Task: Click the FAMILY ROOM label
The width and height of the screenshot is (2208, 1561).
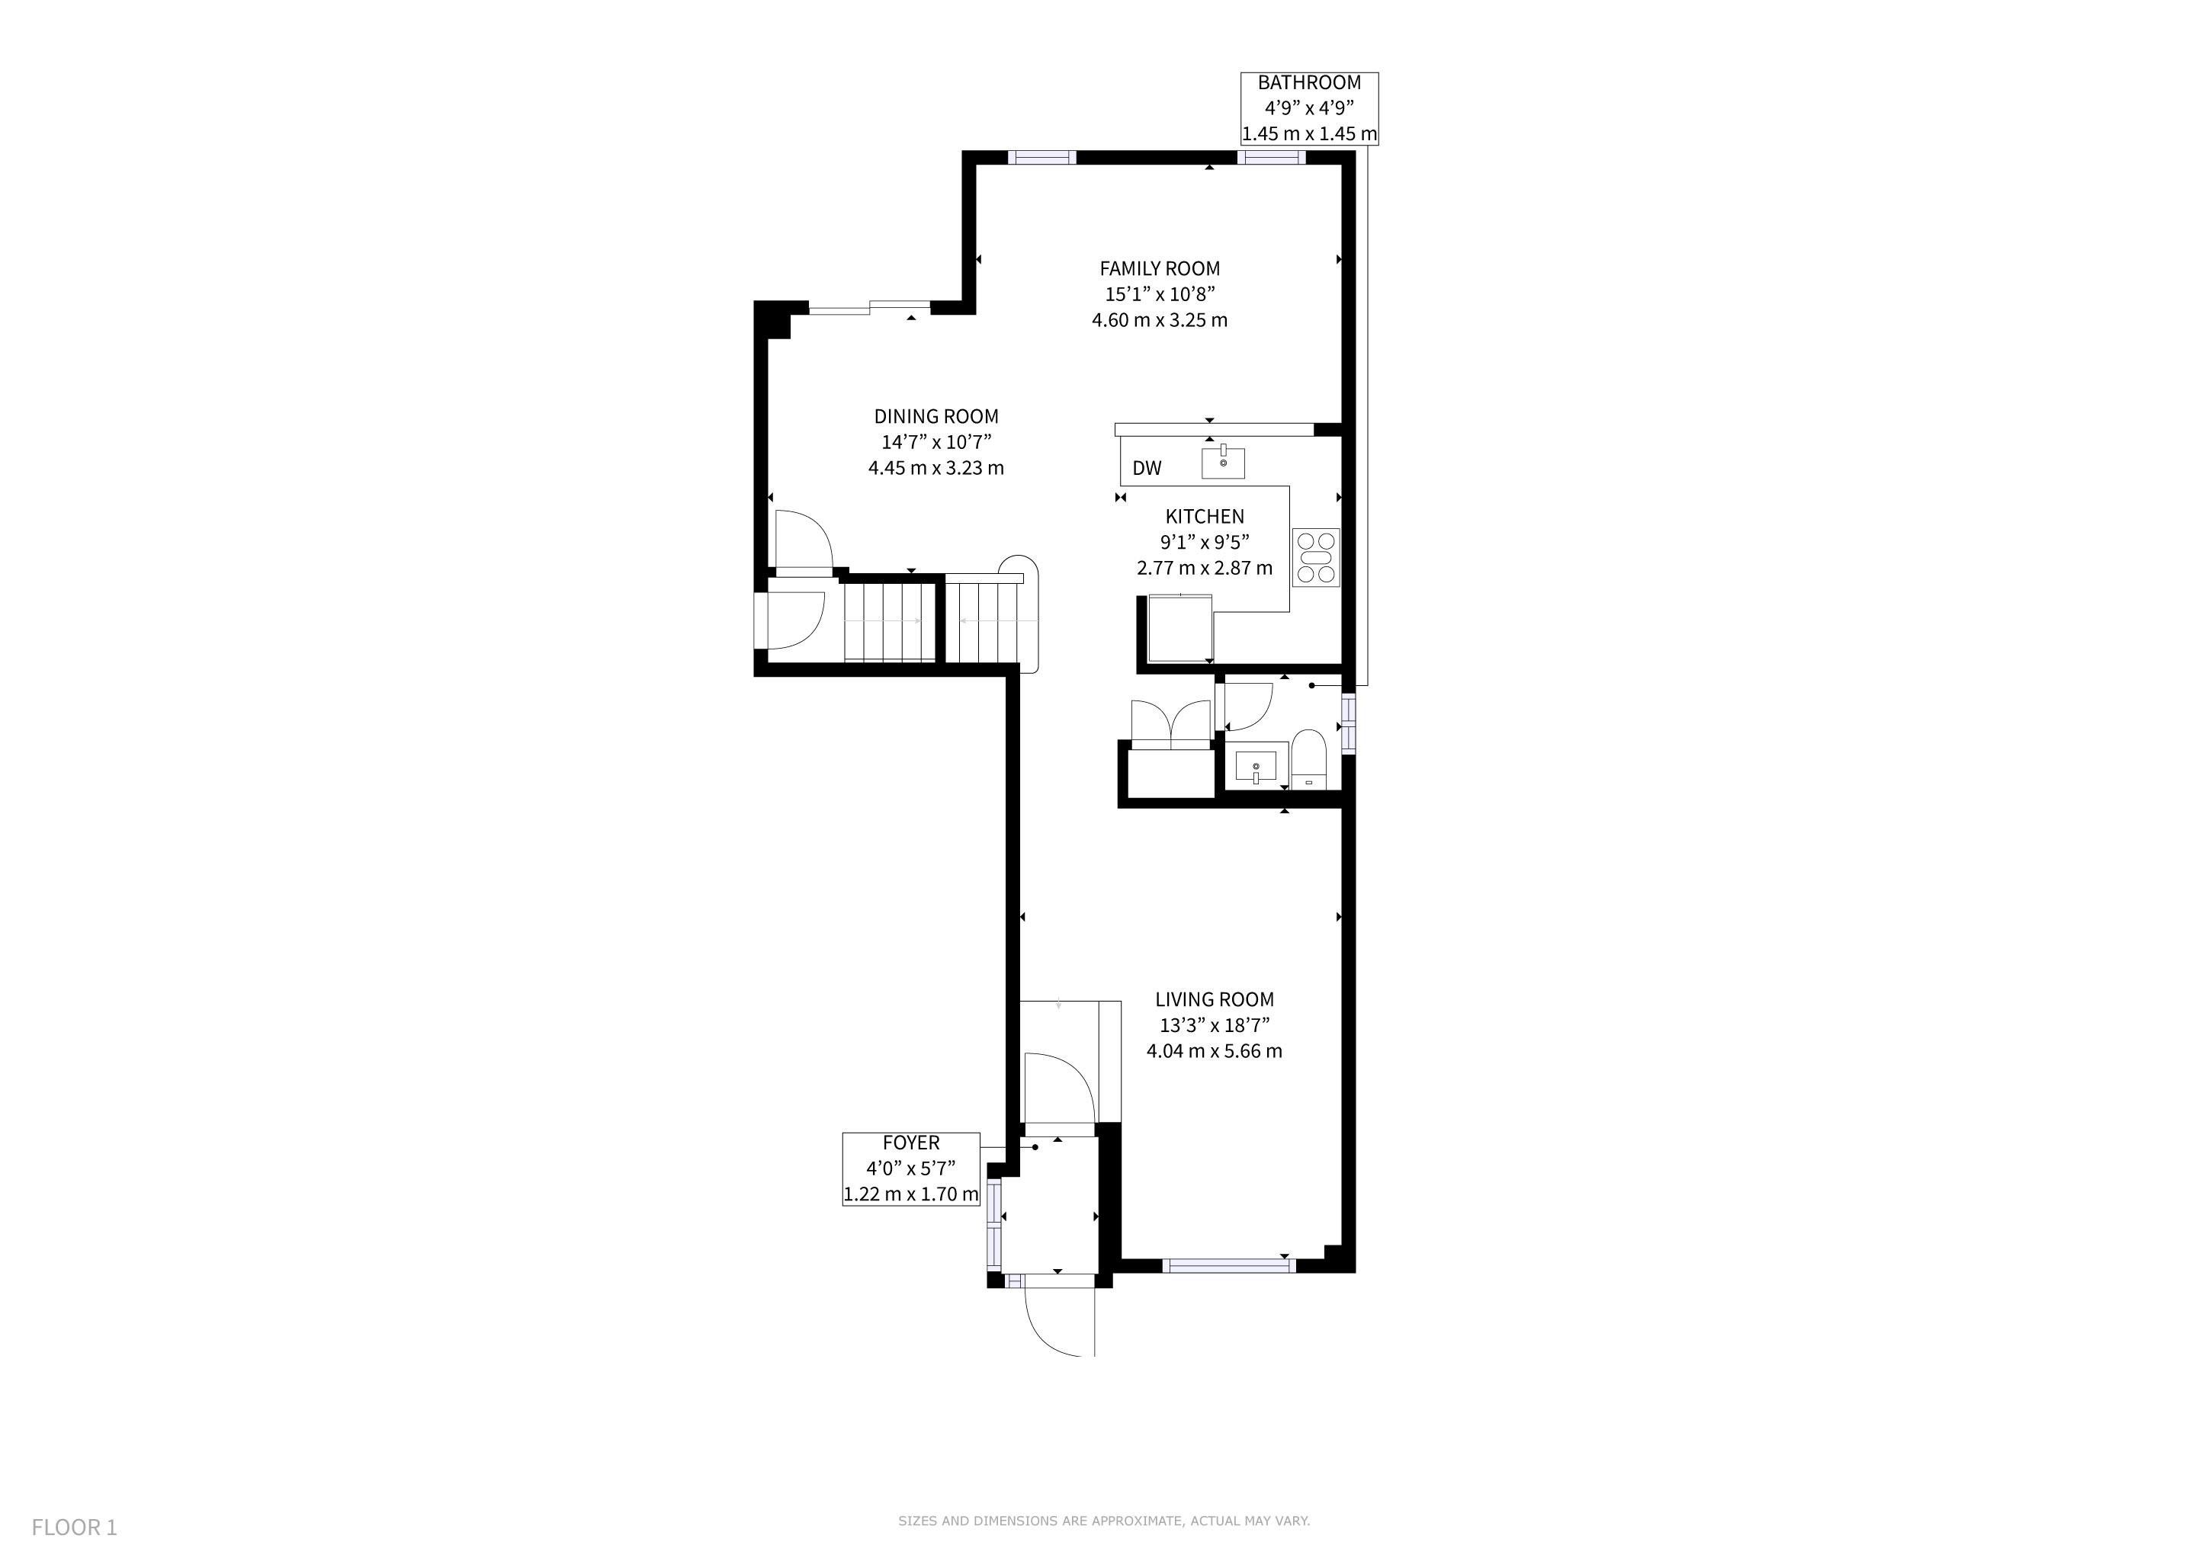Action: [1160, 268]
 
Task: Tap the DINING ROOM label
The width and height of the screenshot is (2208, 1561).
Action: [936, 416]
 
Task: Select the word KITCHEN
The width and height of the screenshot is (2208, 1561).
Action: [1204, 516]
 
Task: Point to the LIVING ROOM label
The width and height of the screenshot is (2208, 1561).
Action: [1214, 1000]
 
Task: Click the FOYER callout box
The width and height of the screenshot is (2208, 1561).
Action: [910, 1168]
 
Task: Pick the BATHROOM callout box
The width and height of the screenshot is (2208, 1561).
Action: [1309, 109]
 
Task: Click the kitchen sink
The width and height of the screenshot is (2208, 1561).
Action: [1223, 463]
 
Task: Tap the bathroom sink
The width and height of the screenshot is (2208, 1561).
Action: [1255, 767]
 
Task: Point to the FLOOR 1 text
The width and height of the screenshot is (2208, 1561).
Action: [74, 1527]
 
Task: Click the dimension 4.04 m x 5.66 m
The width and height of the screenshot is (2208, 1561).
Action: [1214, 1050]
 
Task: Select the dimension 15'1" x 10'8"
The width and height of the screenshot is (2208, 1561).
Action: [1160, 294]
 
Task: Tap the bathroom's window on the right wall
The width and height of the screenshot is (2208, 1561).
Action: [1348, 723]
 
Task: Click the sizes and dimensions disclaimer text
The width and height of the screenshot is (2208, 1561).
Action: [1104, 1521]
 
